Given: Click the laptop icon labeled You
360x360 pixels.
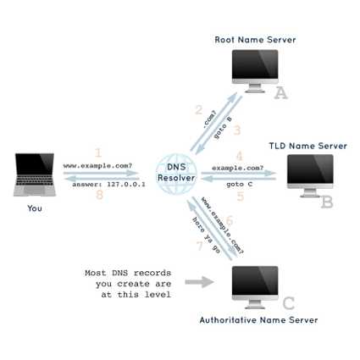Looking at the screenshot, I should [x=34, y=174].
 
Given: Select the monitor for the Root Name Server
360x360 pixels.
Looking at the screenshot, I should [x=255, y=69].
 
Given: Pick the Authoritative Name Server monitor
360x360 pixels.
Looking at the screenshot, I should [x=255, y=285].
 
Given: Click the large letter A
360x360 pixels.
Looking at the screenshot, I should [x=280, y=93].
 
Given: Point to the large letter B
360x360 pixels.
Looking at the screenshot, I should [x=327, y=202].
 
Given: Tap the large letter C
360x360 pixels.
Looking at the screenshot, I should [x=288, y=303].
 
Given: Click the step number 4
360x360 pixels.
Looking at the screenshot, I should [x=240, y=156].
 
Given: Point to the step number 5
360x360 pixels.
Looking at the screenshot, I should [x=241, y=197].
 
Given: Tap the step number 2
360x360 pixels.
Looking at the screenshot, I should [x=198, y=110].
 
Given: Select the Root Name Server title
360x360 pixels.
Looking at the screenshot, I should [x=255, y=40].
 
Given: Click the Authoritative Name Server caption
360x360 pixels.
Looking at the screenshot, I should [x=258, y=320].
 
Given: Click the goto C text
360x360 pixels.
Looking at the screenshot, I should [x=240, y=184].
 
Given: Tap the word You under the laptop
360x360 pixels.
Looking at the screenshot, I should [x=35, y=208].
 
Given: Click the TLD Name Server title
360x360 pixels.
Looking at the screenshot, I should [x=308, y=146].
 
